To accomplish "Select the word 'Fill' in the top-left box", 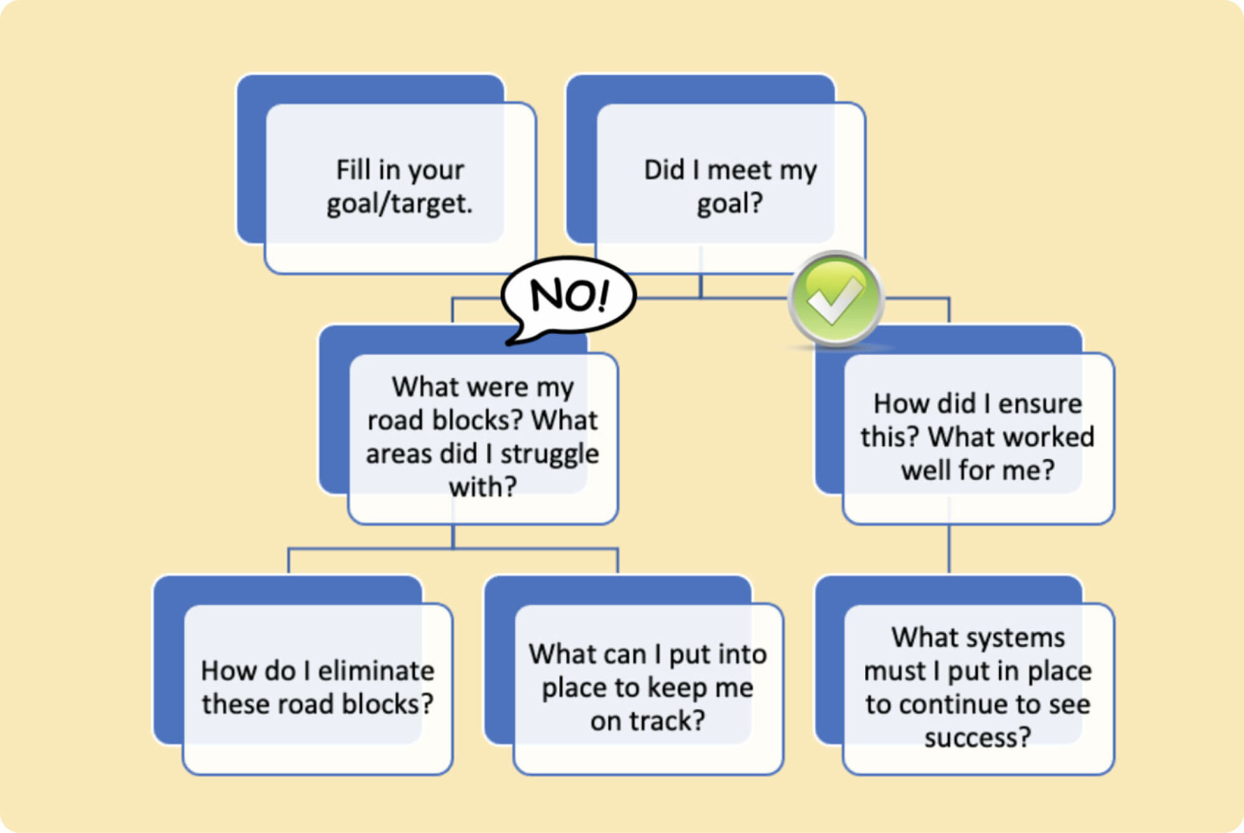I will click(x=352, y=170).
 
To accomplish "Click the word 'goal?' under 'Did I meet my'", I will click(x=729, y=204).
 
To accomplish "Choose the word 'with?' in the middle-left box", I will click(x=483, y=487).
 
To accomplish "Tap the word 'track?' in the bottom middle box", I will click(x=674, y=721).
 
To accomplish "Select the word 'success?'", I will click(x=978, y=737).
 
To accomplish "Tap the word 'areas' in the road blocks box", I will click(x=398, y=454).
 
